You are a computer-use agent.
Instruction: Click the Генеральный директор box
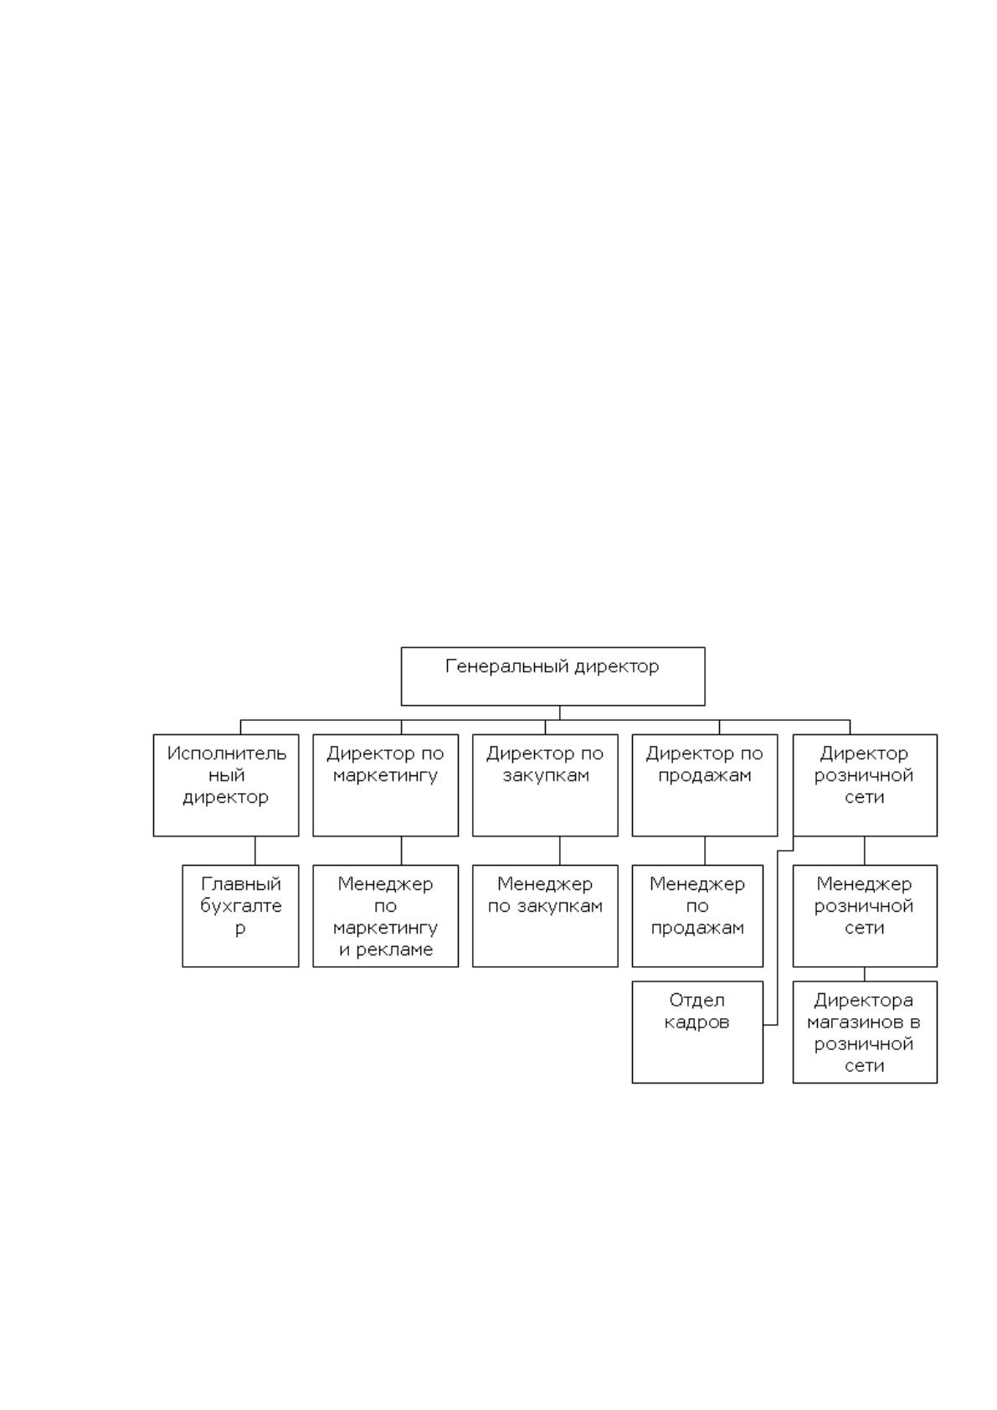click(x=552, y=676)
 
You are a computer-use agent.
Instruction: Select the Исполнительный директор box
click(x=226, y=785)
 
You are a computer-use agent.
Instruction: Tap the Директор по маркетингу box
click(x=385, y=785)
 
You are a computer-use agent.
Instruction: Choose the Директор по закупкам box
click(x=545, y=785)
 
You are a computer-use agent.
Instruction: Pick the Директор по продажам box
click(x=704, y=785)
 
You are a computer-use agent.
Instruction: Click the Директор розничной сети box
click(x=865, y=785)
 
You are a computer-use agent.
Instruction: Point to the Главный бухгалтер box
click(x=240, y=916)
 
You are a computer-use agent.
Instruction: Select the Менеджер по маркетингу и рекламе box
click(x=385, y=916)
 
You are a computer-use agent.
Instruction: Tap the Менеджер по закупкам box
click(x=545, y=916)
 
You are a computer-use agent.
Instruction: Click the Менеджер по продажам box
click(x=697, y=916)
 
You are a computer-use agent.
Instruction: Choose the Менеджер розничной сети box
click(x=865, y=916)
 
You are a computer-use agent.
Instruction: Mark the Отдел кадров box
click(x=697, y=1032)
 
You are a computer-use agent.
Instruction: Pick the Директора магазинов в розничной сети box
click(x=865, y=1032)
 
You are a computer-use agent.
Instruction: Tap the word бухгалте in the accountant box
click(x=241, y=907)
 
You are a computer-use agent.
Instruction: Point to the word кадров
click(x=696, y=1023)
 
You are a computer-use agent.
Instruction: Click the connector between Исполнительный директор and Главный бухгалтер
click(x=255, y=851)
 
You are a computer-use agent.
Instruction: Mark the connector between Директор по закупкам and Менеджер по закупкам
click(x=559, y=851)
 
